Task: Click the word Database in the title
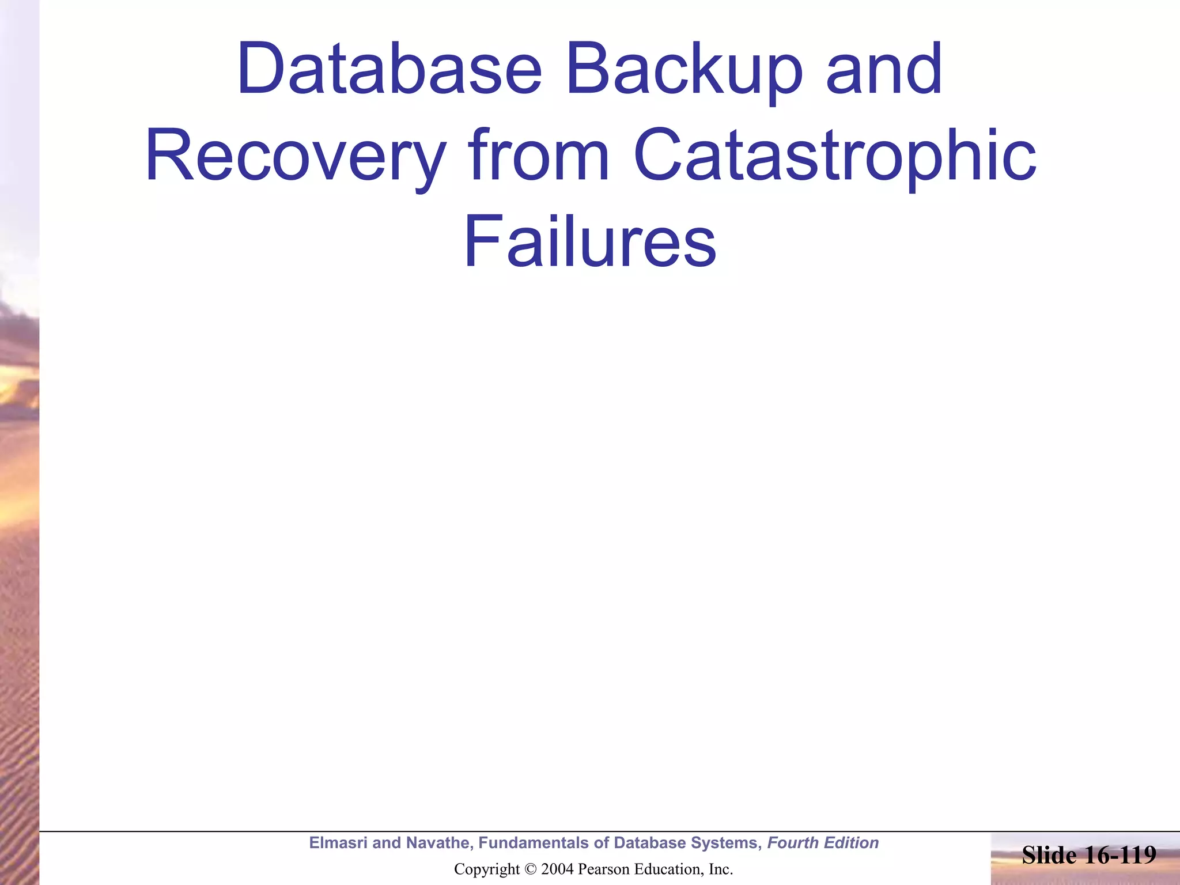389,69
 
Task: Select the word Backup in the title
684,69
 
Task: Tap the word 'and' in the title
884,69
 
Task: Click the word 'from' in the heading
539,156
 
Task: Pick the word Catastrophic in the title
835,156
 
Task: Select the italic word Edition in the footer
852,842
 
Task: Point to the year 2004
557,869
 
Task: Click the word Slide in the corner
1049,855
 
